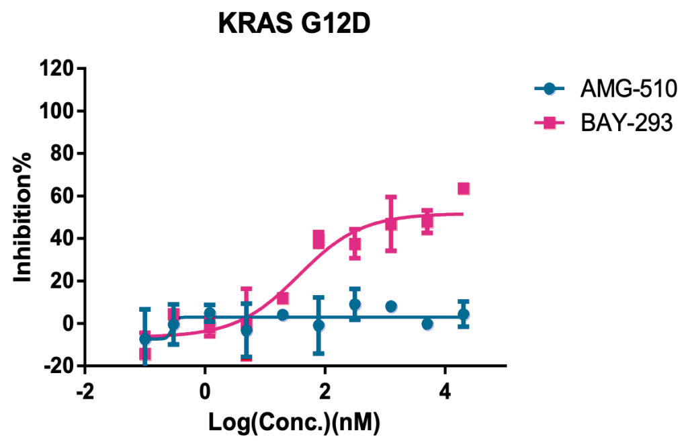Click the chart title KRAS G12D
coord(294,25)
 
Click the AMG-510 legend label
coord(625,88)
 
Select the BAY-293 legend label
coord(626,122)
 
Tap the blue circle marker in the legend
coord(550,88)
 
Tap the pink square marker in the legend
coord(550,122)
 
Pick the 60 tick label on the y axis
coord(60,196)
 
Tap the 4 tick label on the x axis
coord(444,391)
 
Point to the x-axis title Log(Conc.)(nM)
coord(294,423)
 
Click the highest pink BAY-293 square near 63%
coord(463,189)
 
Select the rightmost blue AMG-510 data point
coord(463,314)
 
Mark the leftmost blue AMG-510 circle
coord(145,339)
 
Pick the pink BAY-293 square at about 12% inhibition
coord(283,298)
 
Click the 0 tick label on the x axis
coord(204,391)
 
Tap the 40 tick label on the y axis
coord(60,238)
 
